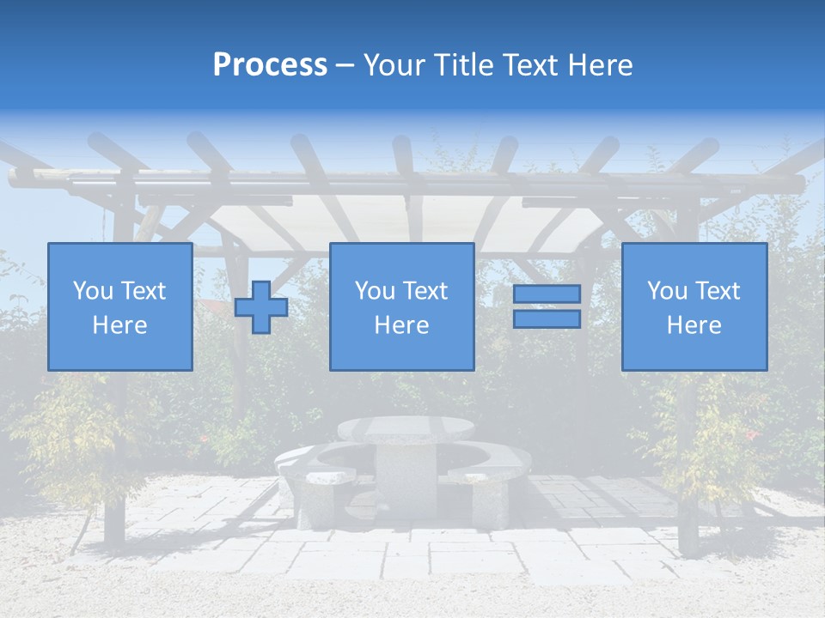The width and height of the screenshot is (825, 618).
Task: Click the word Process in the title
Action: [x=270, y=65]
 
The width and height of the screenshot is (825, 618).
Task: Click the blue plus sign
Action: [x=261, y=307]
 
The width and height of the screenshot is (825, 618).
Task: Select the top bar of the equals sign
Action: [x=547, y=294]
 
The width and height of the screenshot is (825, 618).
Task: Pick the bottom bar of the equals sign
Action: [x=547, y=319]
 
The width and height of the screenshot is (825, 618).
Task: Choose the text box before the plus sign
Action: [x=119, y=306]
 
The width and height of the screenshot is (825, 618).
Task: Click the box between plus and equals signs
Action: [x=401, y=306]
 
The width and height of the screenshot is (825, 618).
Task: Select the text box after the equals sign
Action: [x=694, y=306]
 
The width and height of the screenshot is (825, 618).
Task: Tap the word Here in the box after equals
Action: [x=694, y=325]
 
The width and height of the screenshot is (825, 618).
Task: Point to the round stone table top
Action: [x=406, y=429]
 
